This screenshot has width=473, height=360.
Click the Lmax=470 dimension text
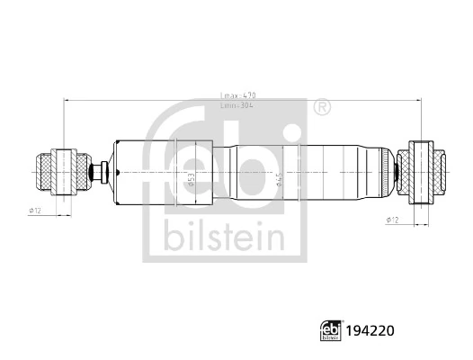pyautogui.click(x=238, y=94)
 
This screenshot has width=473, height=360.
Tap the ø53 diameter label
pyautogui.click(x=190, y=176)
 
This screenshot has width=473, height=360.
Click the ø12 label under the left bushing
pyautogui.click(x=35, y=211)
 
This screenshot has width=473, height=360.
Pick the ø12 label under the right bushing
pyautogui.click(x=392, y=220)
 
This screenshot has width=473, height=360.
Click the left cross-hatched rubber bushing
pyautogui.click(x=55, y=171)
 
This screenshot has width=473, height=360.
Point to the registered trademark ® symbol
pyautogui.click(x=321, y=109)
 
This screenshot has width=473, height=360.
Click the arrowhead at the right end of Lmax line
pyautogui.click(x=419, y=101)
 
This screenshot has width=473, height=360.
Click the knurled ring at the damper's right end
pyautogui.click(x=395, y=171)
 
